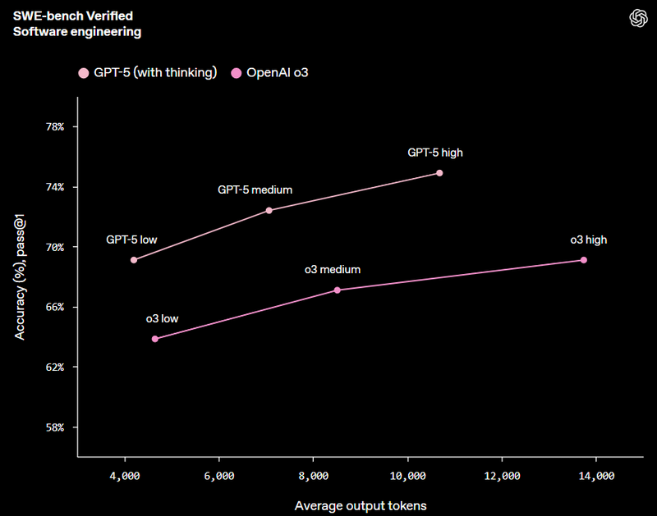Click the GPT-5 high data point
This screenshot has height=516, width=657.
tap(439, 173)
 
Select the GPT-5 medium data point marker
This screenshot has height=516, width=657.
tap(269, 211)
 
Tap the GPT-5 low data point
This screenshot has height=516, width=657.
tap(134, 260)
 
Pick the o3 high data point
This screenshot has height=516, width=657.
tap(584, 260)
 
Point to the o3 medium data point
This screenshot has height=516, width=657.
tap(338, 290)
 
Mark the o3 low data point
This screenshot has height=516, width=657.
tap(155, 339)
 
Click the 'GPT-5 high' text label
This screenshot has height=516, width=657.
tap(435, 153)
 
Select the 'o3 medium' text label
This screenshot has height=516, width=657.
tap(333, 269)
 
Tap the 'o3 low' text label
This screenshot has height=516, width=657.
tap(162, 318)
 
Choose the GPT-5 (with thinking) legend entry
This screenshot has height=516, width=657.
tap(148, 73)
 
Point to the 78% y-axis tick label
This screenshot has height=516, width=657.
tap(61, 127)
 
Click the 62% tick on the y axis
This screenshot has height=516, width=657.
tap(61, 368)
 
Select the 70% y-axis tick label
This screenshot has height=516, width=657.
tap(61, 247)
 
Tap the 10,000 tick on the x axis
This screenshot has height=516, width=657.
tap(407, 476)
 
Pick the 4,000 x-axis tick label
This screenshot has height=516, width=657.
tap(125, 476)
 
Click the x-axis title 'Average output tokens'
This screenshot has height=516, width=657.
tap(361, 505)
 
